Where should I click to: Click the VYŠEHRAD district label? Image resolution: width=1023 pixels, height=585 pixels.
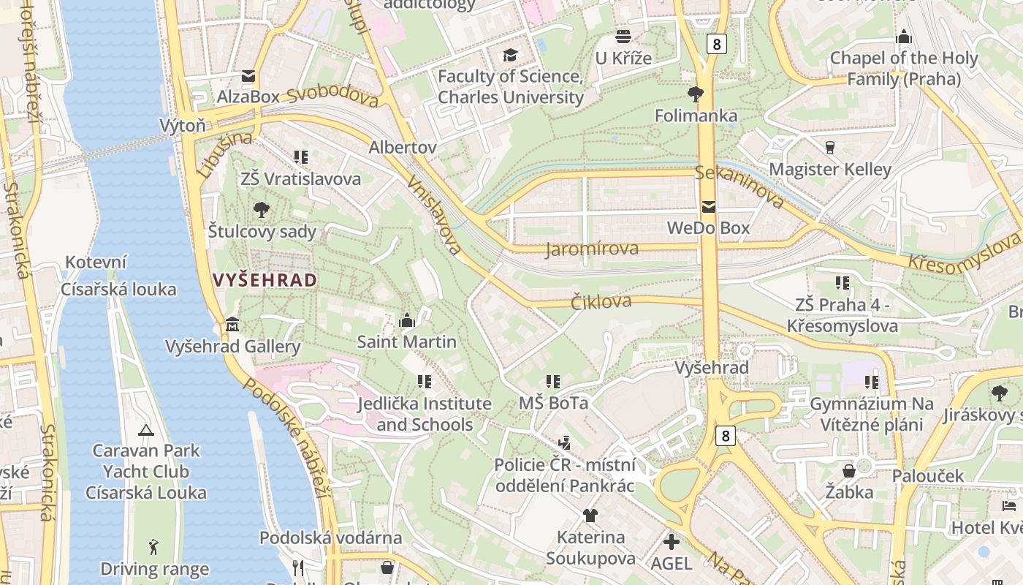click(265, 280)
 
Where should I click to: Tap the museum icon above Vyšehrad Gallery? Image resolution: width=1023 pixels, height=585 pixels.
click(232, 323)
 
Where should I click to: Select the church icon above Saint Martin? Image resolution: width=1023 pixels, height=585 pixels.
click(406, 320)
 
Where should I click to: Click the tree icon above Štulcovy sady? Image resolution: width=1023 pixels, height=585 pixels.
click(262, 210)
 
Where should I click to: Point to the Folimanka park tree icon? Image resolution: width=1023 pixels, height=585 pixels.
click(695, 94)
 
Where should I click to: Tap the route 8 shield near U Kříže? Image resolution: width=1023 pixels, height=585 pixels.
click(717, 44)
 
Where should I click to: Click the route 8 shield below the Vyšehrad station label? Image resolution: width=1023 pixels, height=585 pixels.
click(724, 436)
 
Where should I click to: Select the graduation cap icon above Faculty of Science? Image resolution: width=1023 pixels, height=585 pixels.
click(509, 55)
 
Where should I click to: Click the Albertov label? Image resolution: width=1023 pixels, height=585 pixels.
click(403, 147)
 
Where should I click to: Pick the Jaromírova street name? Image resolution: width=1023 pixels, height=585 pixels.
click(592, 249)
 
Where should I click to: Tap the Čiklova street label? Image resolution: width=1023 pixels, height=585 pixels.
click(601, 301)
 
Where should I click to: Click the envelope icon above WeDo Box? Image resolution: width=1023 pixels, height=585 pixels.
click(708, 207)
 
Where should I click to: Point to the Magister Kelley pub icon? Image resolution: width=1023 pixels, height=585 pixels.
click(829, 148)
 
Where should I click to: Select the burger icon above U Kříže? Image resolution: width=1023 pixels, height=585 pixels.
click(623, 36)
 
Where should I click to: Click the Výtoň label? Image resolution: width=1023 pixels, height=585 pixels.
click(183, 126)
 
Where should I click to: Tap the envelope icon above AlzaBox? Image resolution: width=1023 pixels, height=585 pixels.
click(248, 76)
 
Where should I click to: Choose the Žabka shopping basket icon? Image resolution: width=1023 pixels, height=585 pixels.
click(849, 470)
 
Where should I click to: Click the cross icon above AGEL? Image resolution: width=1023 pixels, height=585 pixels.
click(671, 542)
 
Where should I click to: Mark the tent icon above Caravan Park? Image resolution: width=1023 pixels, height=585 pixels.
click(145, 430)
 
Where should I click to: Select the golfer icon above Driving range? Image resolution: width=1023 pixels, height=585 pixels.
click(153, 547)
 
